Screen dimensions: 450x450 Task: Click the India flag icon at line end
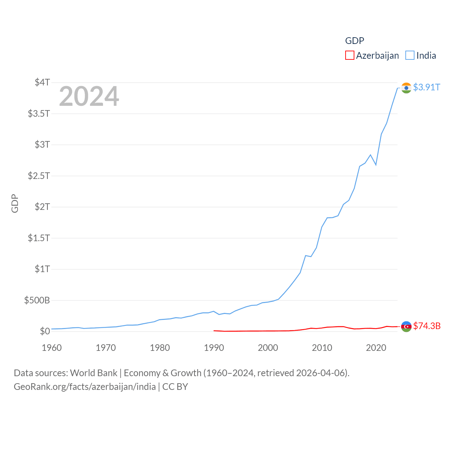[406, 88]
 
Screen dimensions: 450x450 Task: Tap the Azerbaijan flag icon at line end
[406, 327]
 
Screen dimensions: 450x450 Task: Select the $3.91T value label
[426, 87]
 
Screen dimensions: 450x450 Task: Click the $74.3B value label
[427, 326]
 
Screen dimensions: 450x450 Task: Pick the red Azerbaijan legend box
[349, 56]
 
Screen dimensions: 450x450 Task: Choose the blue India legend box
[410, 56]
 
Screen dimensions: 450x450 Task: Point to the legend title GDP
[354, 41]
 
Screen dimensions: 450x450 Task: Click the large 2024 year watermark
[89, 96]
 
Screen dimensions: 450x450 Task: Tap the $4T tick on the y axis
[42, 82]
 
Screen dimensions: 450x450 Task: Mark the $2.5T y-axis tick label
[39, 175]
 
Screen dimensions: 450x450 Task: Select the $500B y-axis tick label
[37, 300]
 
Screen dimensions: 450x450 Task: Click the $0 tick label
[45, 331]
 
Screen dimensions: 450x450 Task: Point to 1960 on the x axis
[52, 348]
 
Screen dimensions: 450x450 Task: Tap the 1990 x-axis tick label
[214, 348]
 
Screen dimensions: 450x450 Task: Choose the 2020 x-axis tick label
[376, 348]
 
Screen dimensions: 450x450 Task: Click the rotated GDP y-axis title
[15, 203]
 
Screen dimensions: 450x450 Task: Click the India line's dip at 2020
[376, 165]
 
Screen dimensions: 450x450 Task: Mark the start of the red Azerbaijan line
[214, 330]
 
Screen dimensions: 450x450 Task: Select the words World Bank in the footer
[94, 373]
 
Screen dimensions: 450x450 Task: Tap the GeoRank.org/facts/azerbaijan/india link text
[85, 387]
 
